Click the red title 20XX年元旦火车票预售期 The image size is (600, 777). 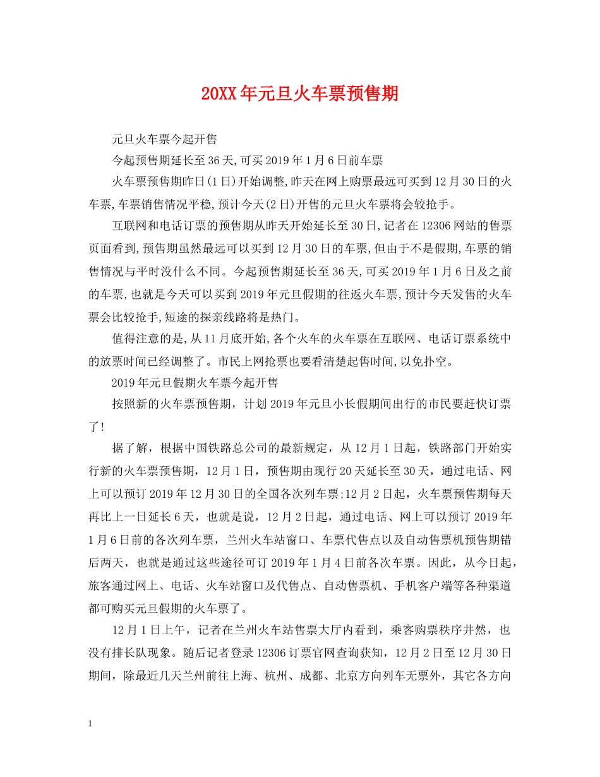tap(300, 93)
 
